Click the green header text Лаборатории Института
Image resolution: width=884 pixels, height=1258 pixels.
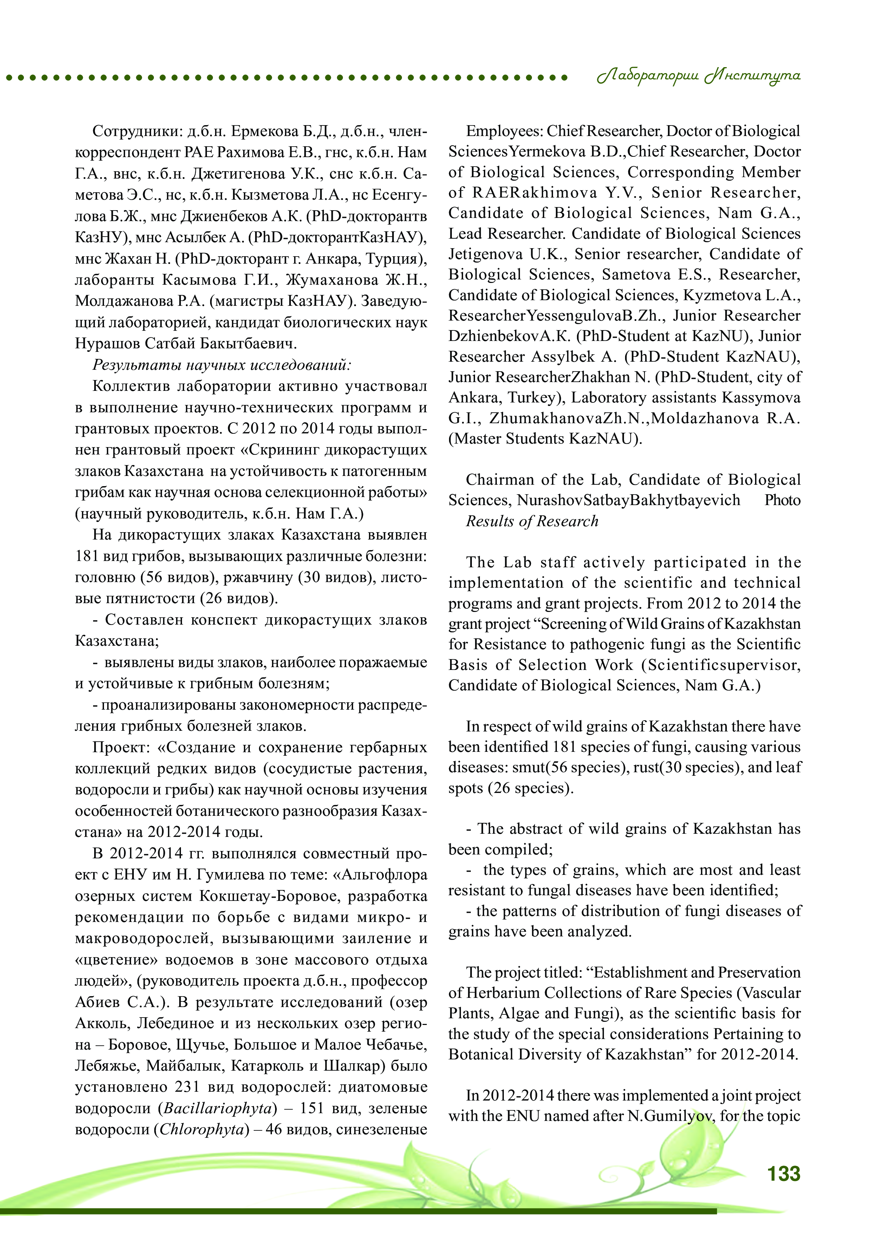[698, 76]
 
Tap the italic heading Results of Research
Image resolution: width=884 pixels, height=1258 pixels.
[532, 521]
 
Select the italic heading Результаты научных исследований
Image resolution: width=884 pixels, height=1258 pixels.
[222, 365]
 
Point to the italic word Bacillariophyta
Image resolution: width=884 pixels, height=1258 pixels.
[217, 1108]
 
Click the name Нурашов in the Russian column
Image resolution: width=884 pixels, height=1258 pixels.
[108, 343]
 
